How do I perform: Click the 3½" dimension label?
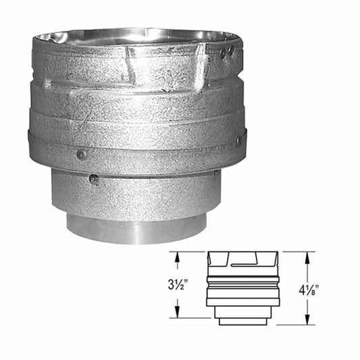pyautogui.click(x=176, y=286)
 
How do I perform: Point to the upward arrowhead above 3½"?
pyautogui.click(x=177, y=257)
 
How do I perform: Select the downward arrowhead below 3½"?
pyautogui.click(x=177, y=313)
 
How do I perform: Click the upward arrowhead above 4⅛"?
pyautogui.click(x=307, y=257)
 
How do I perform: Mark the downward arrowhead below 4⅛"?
pyautogui.click(x=307, y=319)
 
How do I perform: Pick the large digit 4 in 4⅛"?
pyautogui.click(x=302, y=290)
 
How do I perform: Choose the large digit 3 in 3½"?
pyautogui.click(x=171, y=286)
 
